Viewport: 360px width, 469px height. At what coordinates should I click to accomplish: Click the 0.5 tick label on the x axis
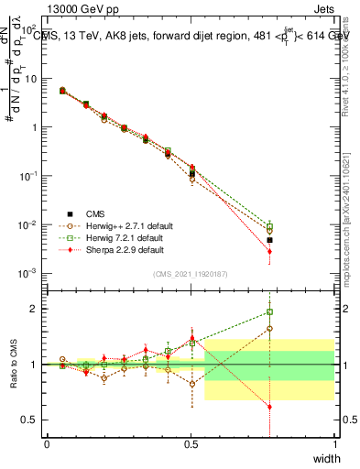[x=191, y=444]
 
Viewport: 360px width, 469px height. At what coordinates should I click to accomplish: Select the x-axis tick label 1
[x=335, y=444]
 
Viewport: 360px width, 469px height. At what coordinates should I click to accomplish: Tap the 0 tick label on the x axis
[x=47, y=444]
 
